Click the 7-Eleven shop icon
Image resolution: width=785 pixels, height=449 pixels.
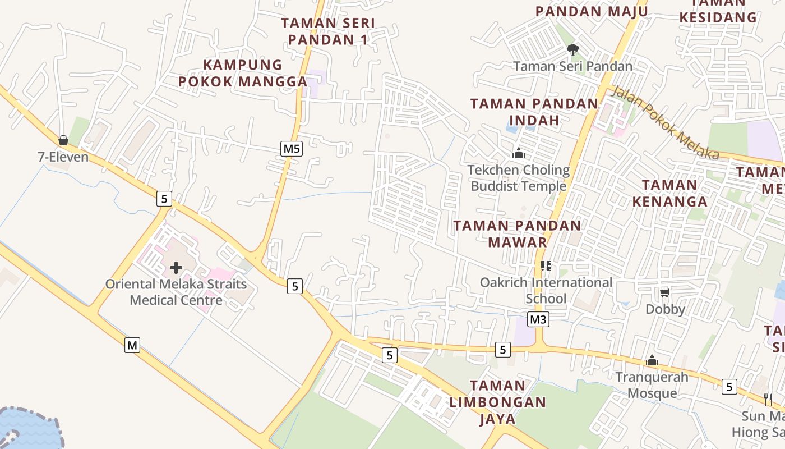pos(63,140)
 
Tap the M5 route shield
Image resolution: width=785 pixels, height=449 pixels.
pos(292,149)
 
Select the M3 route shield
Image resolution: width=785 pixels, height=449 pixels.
pos(538,320)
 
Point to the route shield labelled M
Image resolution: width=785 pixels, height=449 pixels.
pos(132,345)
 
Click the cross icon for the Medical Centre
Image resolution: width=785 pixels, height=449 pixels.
pos(176,268)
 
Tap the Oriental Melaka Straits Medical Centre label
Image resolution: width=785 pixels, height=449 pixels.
pos(176,292)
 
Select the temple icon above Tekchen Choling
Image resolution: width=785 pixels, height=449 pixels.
pos(519,153)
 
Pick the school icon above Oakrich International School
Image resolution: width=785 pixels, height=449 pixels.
pos(546,266)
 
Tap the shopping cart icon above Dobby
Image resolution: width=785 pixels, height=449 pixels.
pos(665,292)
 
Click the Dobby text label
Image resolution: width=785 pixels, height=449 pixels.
pos(665,309)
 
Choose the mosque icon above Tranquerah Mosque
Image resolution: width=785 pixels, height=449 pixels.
pos(652,361)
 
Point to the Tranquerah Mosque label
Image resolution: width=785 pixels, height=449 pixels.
pos(652,384)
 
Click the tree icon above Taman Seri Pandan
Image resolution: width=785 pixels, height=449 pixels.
pos(572,50)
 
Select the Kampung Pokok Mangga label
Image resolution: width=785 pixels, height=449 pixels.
pos(243,73)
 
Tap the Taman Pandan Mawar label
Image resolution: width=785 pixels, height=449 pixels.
pos(517,233)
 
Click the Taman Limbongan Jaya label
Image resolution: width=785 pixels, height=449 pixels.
pos(497,402)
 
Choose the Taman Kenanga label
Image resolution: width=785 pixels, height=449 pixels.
pos(669,193)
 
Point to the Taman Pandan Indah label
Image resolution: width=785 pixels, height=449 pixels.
pos(534,112)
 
